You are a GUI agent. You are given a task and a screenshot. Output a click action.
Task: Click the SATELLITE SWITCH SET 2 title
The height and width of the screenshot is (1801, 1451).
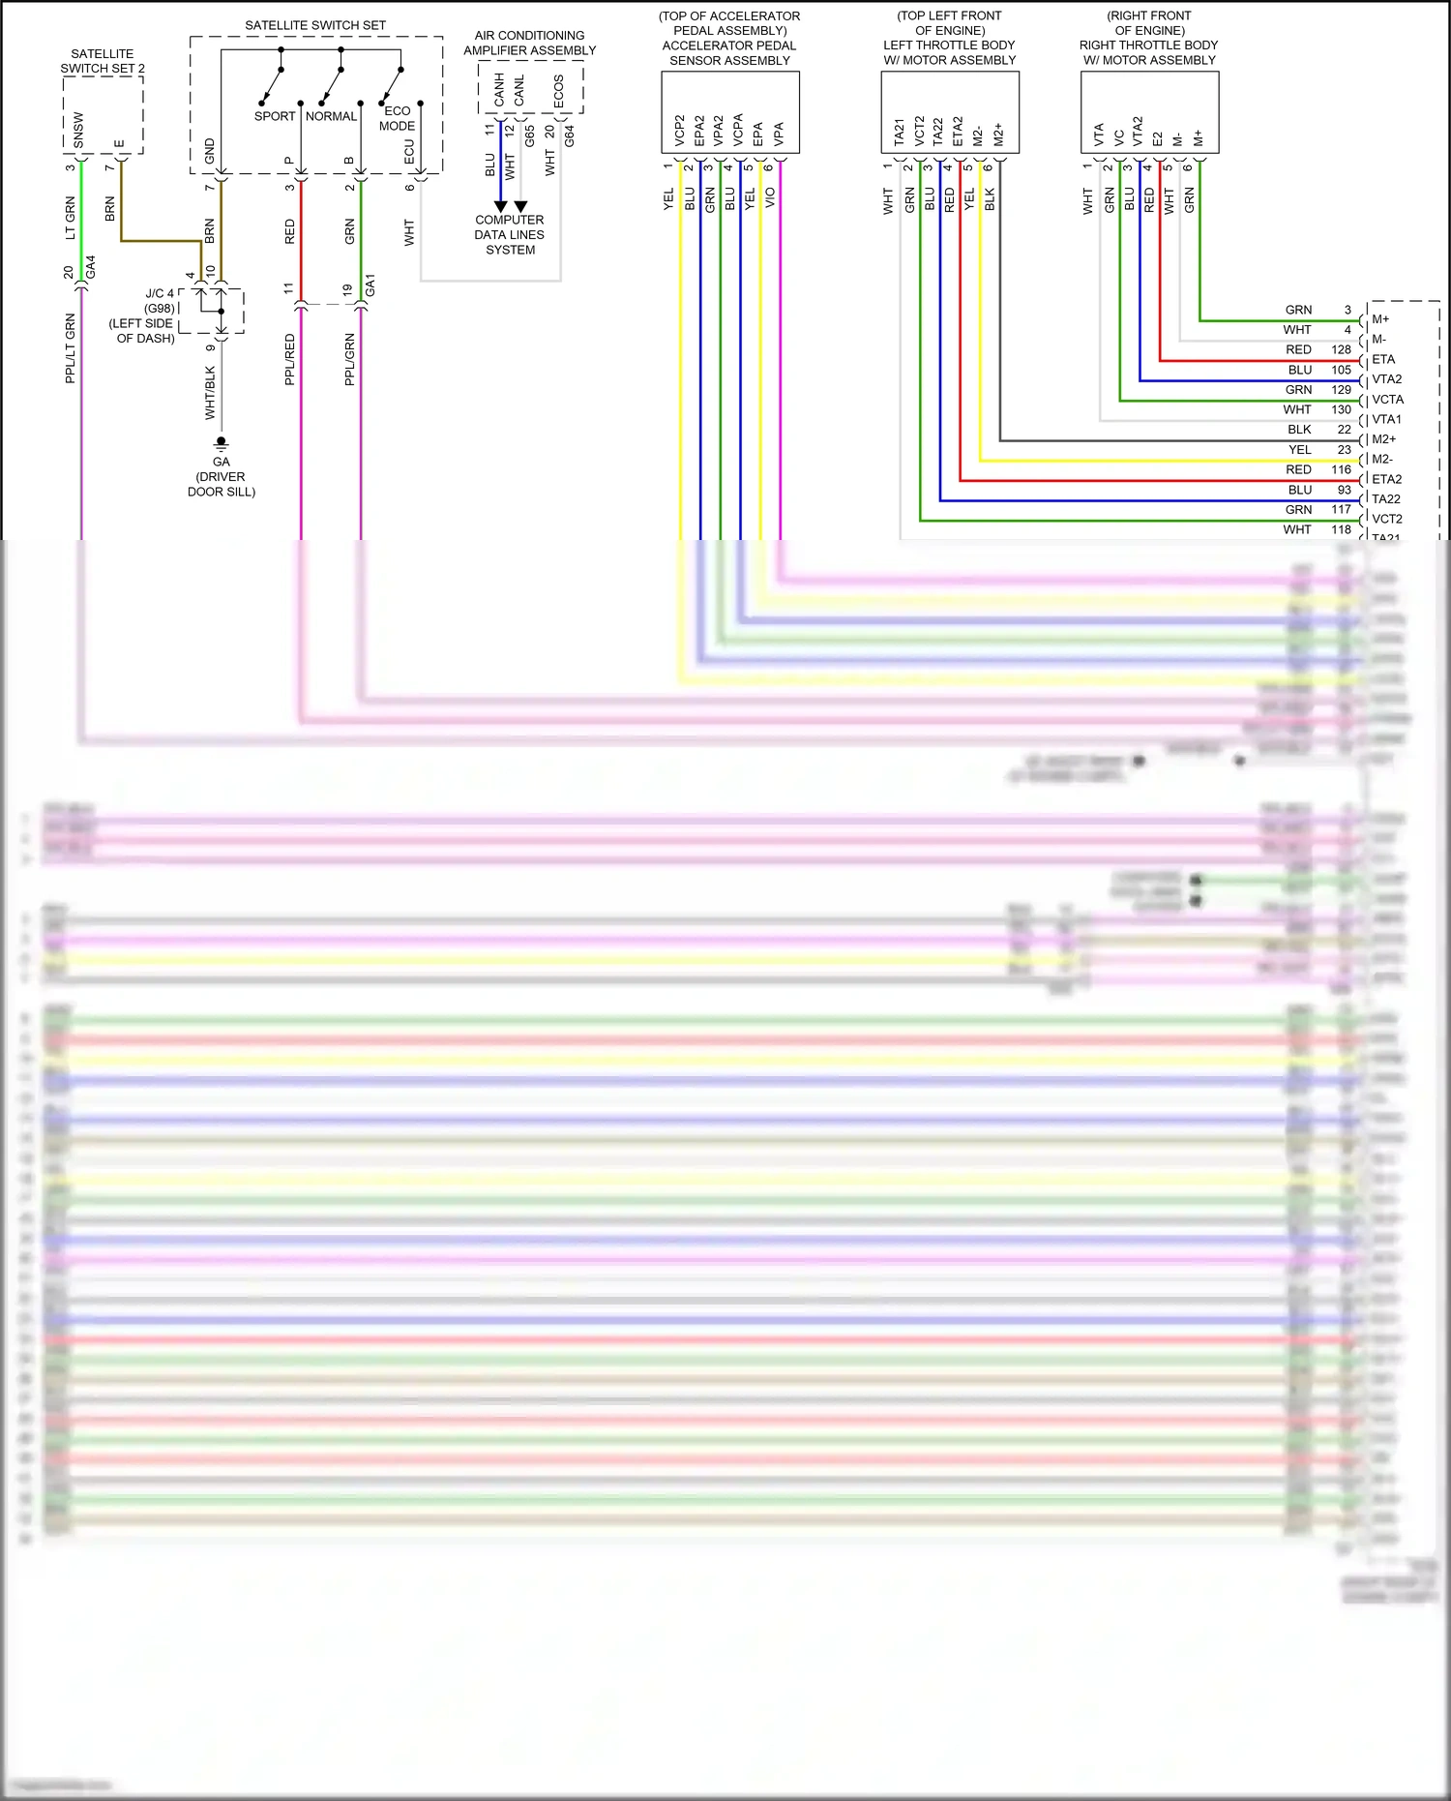(x=102, y=61)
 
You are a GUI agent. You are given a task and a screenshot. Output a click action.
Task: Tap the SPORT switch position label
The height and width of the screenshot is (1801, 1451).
(x=275, y=116)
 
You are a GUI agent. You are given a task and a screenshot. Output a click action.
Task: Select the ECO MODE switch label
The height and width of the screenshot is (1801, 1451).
(x=397, y=118)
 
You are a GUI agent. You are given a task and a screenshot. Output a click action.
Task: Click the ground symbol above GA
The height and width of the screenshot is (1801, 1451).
(x=222, y=444)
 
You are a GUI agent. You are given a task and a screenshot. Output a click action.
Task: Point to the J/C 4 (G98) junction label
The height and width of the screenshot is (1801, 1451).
(x=160, y=300)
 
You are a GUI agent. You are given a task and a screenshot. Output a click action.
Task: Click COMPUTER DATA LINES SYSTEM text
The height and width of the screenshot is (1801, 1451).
(x=510, y=235)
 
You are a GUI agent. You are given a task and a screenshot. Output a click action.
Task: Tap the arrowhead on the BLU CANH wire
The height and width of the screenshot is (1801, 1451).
(x=500, y=206)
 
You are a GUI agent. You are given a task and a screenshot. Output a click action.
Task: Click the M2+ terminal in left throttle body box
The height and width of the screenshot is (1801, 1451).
(x=998, y=135)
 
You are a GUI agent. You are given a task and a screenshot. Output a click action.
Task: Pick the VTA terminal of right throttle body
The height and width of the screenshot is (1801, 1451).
(x=1099, y=135)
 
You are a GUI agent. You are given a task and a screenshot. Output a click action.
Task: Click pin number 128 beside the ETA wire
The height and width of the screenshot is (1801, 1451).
(x=1341, y=349)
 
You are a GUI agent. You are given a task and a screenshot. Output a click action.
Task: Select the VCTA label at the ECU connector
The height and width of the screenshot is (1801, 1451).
(x=1387, y=400)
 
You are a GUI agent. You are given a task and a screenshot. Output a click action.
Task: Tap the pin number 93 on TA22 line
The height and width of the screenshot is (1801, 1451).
(x=1344, y=490)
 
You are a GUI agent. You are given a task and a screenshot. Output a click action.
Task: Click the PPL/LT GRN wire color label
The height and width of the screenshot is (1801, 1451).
(x=71, y=348)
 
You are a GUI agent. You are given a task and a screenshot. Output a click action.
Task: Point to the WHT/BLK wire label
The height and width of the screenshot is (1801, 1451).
(x=210, y=393)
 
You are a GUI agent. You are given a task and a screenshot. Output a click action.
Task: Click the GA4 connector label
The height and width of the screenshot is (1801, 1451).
(x=91, y=268)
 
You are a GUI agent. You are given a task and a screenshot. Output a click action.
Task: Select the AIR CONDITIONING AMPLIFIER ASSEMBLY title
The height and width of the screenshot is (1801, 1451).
(x=529, y=43)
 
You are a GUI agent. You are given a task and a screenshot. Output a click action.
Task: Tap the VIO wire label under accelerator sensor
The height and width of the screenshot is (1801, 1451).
(x=770, y=197)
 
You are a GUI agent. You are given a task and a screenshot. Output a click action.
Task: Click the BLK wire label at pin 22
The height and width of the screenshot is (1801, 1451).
(x=1299, y=430)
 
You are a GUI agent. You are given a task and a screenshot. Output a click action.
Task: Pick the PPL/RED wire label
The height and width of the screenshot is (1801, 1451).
(x=290, y=360)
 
